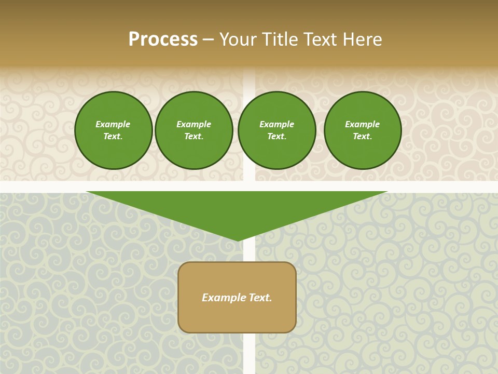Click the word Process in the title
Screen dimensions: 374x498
163,39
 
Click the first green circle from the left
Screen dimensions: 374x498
113,130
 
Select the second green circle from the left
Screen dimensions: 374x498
193,130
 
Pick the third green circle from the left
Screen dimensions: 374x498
276,130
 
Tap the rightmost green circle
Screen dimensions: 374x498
362,130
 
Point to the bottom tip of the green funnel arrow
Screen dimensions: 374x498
238,241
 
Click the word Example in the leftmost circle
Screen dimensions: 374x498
113,124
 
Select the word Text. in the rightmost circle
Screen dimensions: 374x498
362,137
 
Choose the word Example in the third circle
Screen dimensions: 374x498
276,124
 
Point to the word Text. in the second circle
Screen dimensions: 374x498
193,137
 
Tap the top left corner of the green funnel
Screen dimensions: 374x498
87,192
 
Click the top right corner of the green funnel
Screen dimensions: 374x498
387,192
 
